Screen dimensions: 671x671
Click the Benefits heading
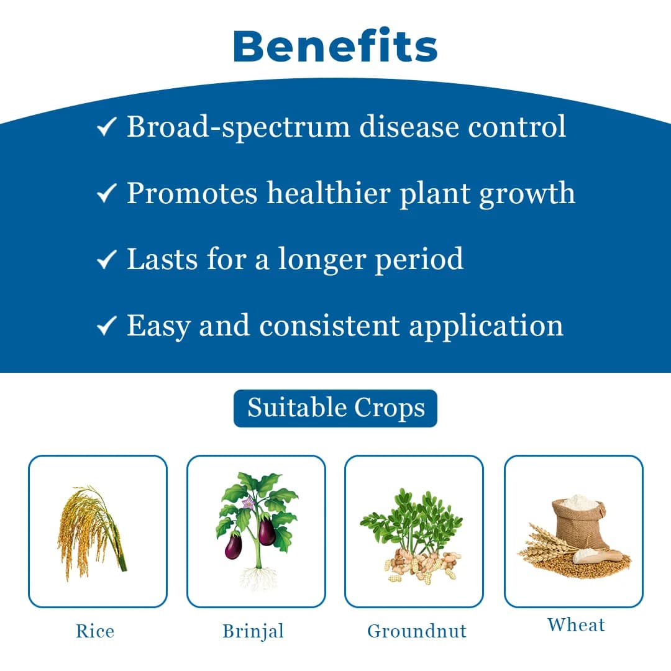point(335,46)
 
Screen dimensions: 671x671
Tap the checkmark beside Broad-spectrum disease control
point(106,128)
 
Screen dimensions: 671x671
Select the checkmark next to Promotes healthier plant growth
point(106,194)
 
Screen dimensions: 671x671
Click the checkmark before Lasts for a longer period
point(106,260)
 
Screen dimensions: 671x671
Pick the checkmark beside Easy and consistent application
point(106,326)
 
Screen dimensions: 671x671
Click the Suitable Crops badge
point(335,408)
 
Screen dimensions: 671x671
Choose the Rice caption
point(95,631)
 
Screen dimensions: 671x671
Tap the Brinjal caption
point(253,631)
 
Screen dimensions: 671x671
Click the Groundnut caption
point(416,631)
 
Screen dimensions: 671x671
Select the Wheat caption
point(576,624)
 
